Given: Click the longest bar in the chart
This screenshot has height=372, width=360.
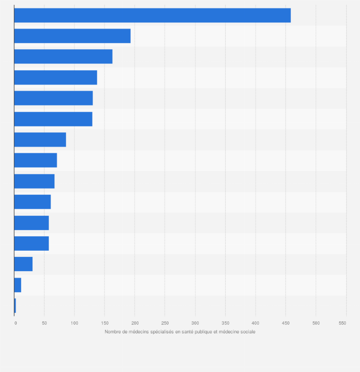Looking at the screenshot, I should pyautogui.click(x=152, y=15).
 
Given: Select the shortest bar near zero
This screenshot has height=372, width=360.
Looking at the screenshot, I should pyautogui.click(x=15, y=306).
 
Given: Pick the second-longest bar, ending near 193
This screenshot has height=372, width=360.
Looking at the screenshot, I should pyautogui.click(x=72, y=36).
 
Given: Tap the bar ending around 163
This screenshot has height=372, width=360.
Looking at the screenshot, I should pyautogui.click(x=63, y=56).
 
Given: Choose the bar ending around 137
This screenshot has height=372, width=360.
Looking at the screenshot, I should pyautogui.click(x=55, y=77).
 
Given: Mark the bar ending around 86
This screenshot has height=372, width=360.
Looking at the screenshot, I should pyautogui.click(x=40, y=139).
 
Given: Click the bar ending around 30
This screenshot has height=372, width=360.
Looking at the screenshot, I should pyautogui.click(x=23, y=264).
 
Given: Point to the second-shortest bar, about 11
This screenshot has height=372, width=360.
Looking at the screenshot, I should pyautogui.click(x=18, y=285).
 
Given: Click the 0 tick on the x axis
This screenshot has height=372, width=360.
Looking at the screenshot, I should pyautogui.click(x=15, y=323).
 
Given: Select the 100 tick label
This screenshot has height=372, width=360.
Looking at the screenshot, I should pyautogui.click(x=74, y=323).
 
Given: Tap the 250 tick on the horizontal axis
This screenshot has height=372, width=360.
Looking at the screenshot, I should pyautogui.click(x=165, y=323).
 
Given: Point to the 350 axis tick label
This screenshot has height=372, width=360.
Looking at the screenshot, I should pyautogui.click(x=225, y=323).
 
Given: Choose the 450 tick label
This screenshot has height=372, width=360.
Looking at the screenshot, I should pyautogui.click(x=286, y=323).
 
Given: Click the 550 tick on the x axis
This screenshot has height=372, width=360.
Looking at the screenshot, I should pyautogui.click(x=342, y=323).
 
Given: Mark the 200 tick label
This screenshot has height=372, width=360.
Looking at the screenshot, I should pyautogui.click(x=135, y=323).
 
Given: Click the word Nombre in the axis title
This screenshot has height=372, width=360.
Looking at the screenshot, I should pyautogui.click(x=113, y=332).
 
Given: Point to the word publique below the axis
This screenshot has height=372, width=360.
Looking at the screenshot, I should pyautogui.click(x=209, y=332).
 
